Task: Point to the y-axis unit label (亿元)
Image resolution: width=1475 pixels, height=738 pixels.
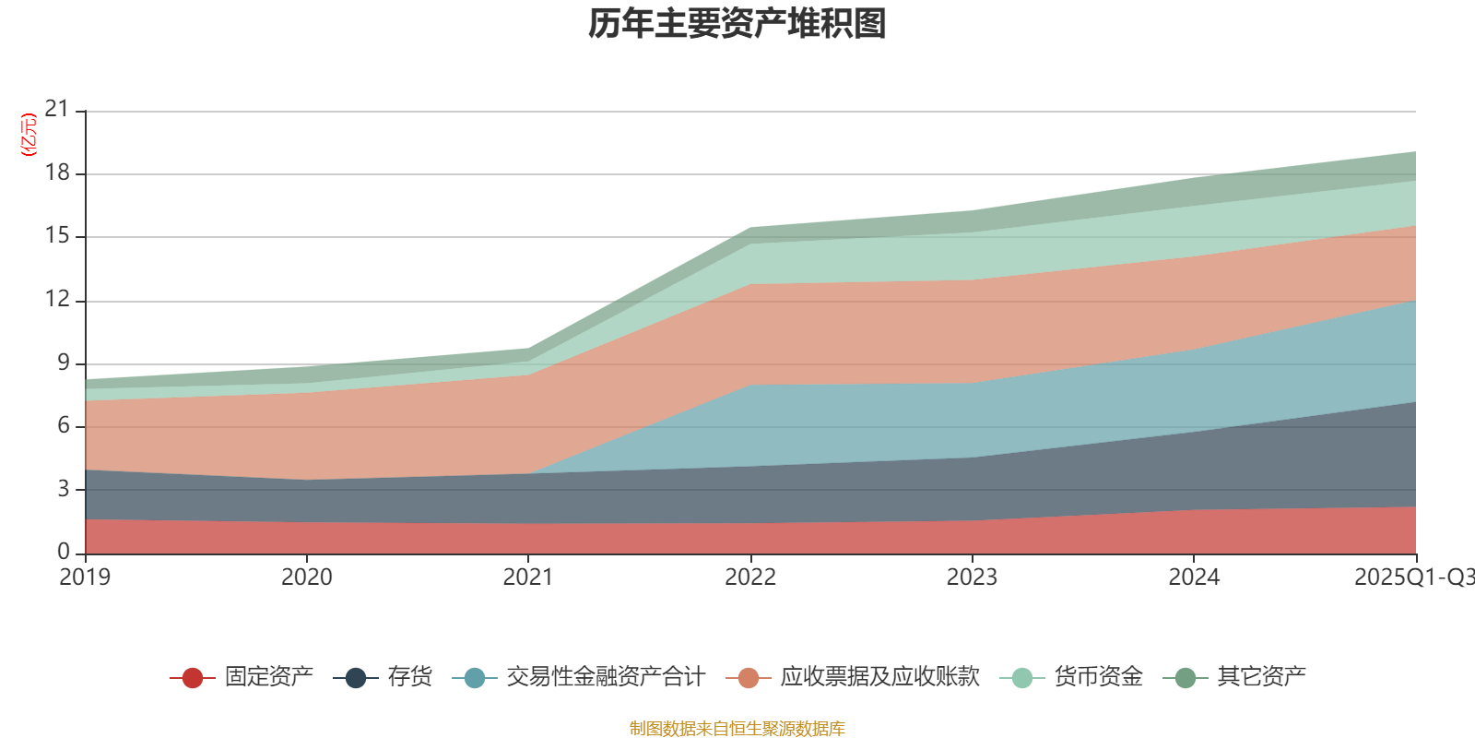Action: (29, 135)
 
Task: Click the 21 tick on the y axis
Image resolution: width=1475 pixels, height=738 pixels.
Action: (57, 110)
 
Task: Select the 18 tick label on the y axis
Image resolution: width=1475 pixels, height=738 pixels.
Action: (57, 173)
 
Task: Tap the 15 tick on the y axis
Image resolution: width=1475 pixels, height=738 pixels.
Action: (57, 236)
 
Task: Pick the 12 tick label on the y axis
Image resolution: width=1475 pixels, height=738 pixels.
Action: (57, 299)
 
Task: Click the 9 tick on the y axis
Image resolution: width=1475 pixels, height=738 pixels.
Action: (63, 363)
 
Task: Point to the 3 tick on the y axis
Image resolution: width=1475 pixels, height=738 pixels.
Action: (63, 489)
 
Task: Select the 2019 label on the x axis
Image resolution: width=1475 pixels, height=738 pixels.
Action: (85, 577)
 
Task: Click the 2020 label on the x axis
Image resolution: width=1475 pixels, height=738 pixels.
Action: (306, 577)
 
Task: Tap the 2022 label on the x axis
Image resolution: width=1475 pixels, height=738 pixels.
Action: (750, 577)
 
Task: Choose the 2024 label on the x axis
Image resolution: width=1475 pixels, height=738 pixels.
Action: (1194, 577)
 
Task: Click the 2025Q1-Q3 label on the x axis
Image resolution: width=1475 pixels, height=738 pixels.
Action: (1413, 577)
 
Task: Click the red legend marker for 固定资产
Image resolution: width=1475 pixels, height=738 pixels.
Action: (192, 678)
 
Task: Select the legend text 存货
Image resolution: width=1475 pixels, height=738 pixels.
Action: (409, 677)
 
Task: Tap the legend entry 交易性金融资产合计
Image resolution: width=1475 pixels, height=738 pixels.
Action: (605, 677)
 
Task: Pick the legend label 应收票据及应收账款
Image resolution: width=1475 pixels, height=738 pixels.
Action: (879, 677)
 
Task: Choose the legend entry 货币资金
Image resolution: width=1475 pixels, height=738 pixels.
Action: (1098, 677)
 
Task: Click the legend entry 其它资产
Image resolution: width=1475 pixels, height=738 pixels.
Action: (1261, 677)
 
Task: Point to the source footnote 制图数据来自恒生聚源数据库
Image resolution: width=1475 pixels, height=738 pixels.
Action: (737, 729)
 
